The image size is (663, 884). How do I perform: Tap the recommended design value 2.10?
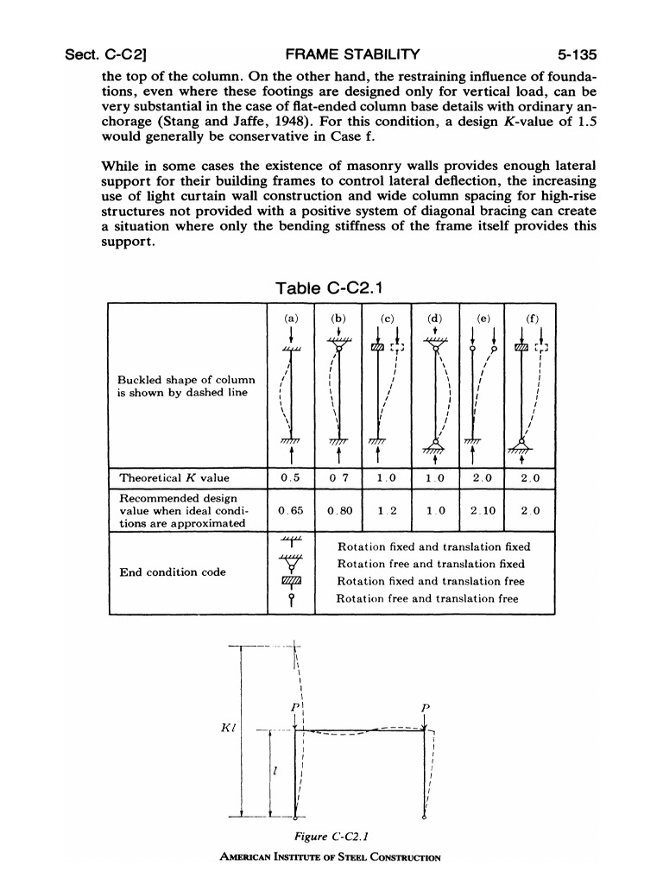point(483,510)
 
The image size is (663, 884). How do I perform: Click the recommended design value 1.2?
point(388,510)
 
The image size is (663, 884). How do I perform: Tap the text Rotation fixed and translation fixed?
point(433,546)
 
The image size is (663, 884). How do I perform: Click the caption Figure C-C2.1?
point(332,837)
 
